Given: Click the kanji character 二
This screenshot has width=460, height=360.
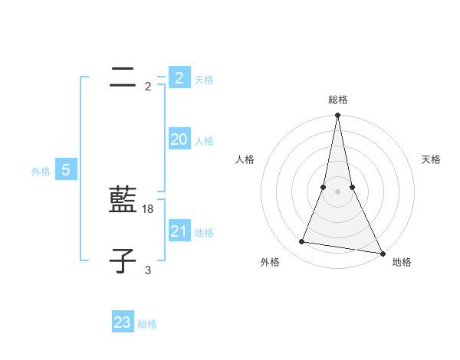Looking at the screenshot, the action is tap(123, 77).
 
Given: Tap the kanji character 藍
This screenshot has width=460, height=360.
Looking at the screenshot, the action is tap(123, 201).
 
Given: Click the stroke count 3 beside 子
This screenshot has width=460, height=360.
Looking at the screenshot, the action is tap(148, 270).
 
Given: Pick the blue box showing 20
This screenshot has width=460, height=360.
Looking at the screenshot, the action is tap(179, 139).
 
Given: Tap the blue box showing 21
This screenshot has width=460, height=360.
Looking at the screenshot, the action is tap(179, 231).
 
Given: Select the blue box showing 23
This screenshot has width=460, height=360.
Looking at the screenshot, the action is tap(122, 322).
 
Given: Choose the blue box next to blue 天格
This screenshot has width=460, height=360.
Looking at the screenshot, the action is tap(179, 78).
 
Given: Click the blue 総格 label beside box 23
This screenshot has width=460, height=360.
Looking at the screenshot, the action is tap(147, 324).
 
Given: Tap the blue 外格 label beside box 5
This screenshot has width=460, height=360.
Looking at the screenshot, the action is tap(41, 172).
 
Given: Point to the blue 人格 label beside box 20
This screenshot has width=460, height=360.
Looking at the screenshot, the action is tap(204, 141).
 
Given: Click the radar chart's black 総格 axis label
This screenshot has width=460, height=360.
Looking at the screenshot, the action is tap(338, 100).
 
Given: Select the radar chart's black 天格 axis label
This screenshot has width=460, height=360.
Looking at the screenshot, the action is tap(432, 159).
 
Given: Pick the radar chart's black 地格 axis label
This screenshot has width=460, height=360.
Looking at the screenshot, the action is tap(402, 263).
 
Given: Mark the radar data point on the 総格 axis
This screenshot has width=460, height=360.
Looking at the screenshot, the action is tap(337, 116).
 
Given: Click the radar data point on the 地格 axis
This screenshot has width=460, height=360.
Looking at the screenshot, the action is tap(381, 253).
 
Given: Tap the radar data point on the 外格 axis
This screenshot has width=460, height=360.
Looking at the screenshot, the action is tap(302, 242).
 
